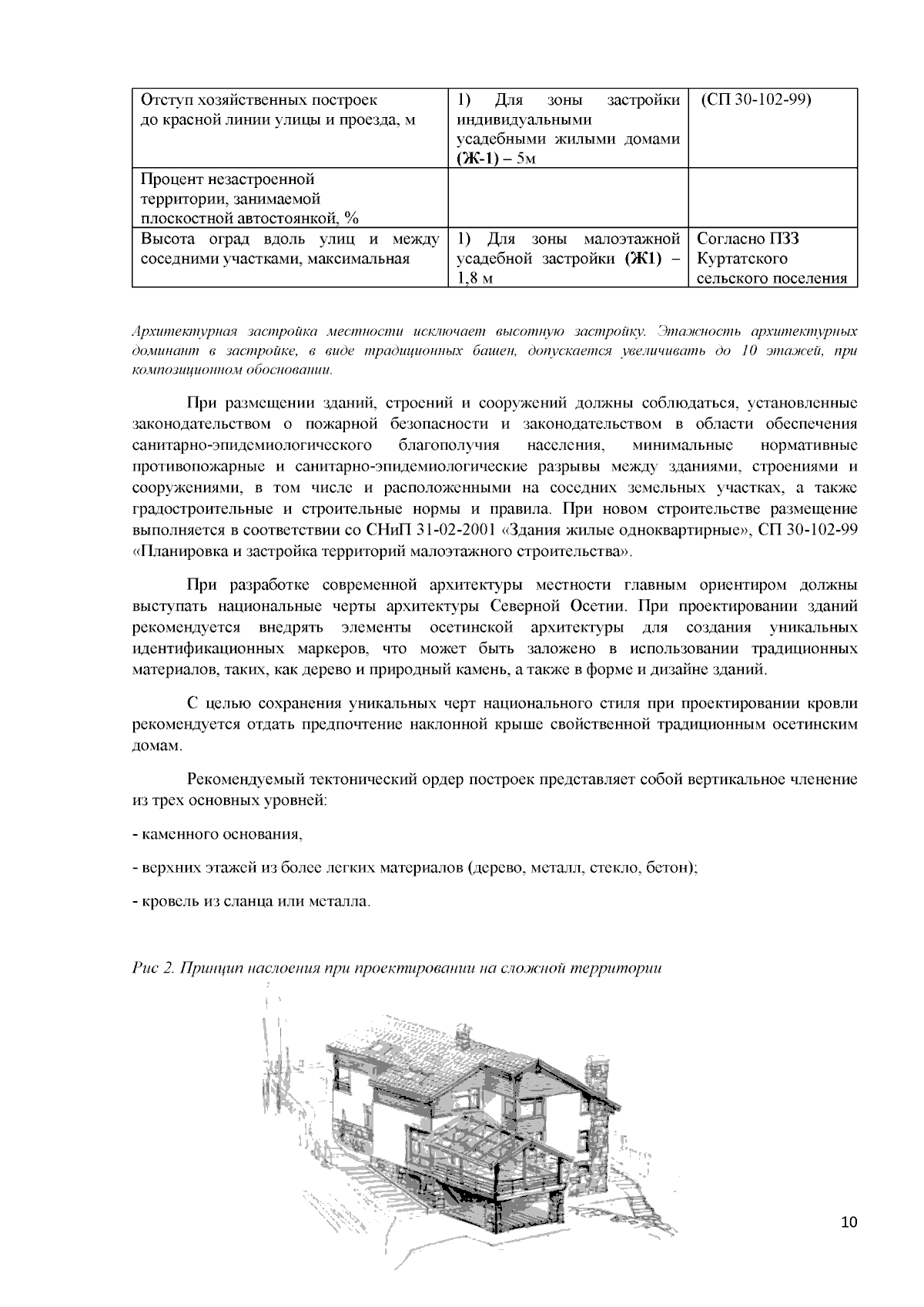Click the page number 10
click(x=849, y=1222)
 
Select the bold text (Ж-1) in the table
click(x=479, y=159)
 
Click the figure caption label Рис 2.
click(x=153, y=968)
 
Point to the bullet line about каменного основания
click(x=218, y=834)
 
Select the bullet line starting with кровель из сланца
click(x=252, y=900)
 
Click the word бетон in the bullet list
click(x=670, y=867)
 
